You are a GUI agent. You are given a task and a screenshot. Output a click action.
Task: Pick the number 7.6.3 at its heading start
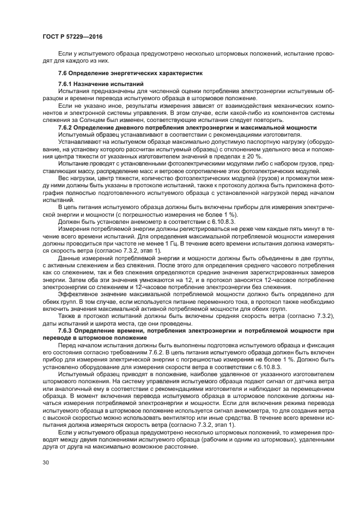pos(67,330)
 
